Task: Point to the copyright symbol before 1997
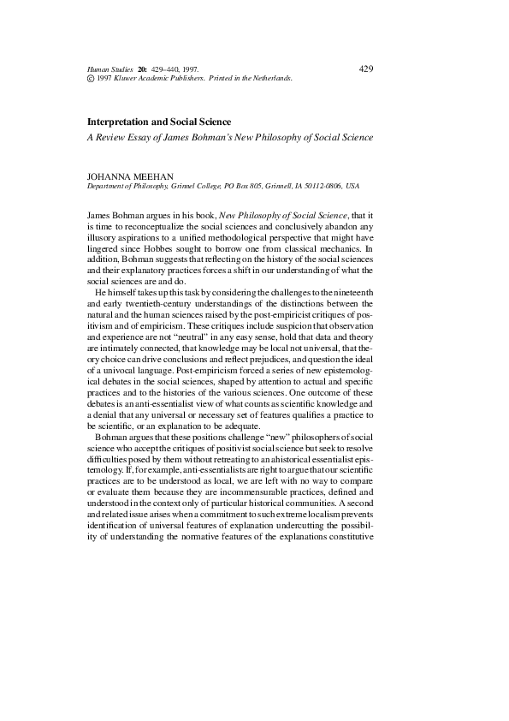click(x=92, y=78)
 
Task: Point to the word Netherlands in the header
click(x=272, y=78)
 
